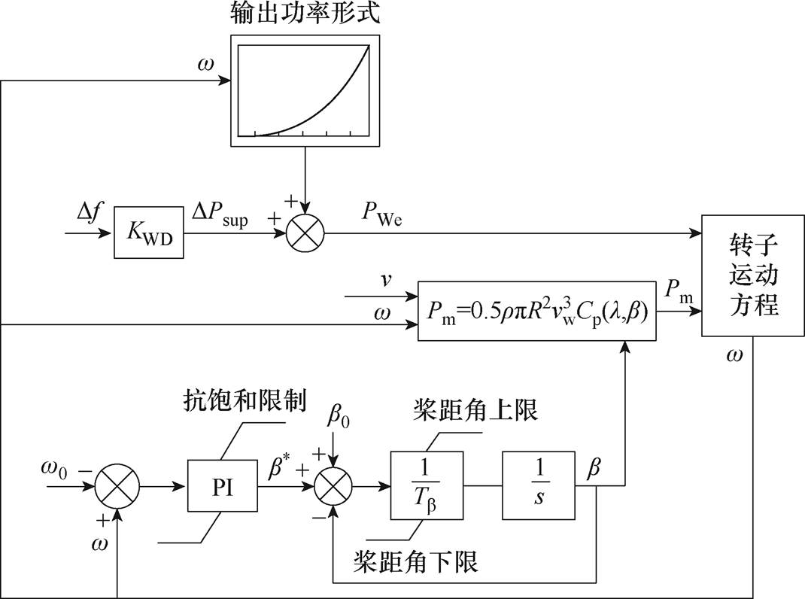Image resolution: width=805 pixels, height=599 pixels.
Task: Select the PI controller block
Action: pyautogui.click(x=222, y=487)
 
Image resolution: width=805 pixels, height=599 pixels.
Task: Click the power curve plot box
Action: pyautogui.click(x=304, y=90)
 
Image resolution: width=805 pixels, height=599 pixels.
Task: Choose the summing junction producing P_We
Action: pyautogui.click(x=305, y=233)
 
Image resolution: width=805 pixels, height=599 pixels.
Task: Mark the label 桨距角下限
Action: pyautogui.click(x=416, y=561)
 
